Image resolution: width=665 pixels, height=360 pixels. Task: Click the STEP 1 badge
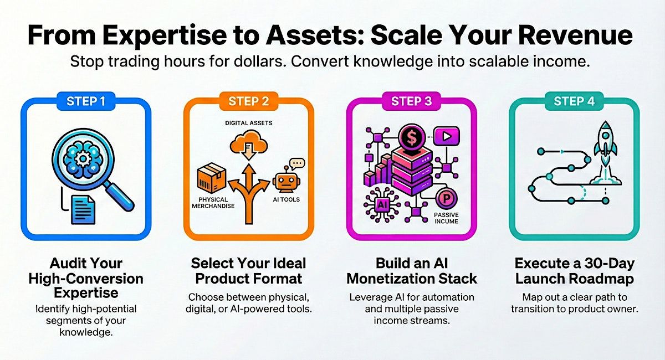[86, 101]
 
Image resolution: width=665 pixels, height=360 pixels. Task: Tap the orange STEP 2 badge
[249, 101]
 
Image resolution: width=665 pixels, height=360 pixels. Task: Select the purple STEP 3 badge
[411, 101]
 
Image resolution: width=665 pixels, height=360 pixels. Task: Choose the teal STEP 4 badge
[574, 101]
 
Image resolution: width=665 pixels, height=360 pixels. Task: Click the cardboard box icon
[212, 177]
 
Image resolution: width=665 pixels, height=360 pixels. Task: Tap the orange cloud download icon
[249, 145]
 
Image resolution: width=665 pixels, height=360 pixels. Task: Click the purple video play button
[447, 136]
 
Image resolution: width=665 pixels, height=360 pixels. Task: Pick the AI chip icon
[382, 205]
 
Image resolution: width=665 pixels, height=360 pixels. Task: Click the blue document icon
[83, 209]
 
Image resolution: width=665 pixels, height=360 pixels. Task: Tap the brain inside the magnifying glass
[83, 159]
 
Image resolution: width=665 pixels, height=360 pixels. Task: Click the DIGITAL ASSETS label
[249, 123]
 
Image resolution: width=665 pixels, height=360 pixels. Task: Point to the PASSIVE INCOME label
[446, 218]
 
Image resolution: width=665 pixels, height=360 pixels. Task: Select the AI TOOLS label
[286, 199]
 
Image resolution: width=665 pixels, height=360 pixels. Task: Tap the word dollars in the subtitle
[260, 61]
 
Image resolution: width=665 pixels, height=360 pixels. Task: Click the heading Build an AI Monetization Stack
[412, 271]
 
